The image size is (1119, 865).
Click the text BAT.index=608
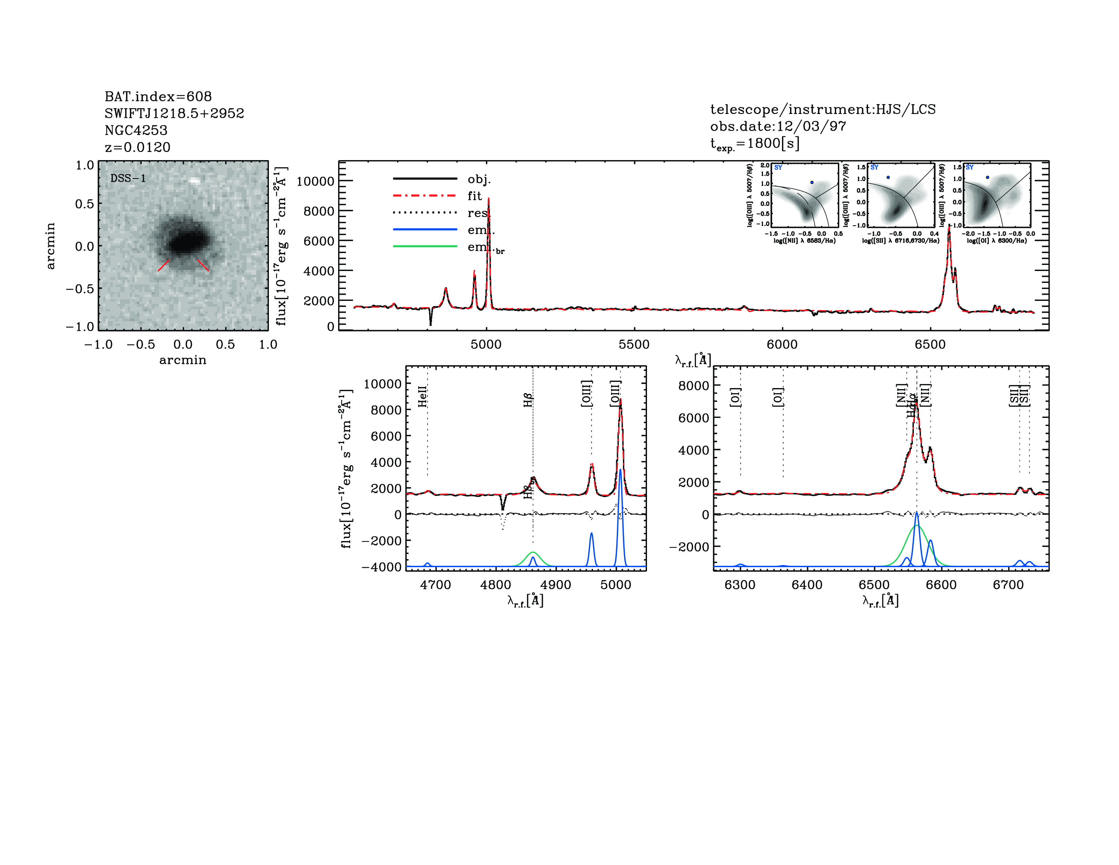pos(158,96)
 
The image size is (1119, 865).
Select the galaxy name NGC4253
pos(136,130)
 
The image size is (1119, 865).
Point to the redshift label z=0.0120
pos(137,147)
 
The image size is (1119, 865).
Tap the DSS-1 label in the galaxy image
pos(128,178)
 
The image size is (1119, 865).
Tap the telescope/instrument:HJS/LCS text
pos(822,109)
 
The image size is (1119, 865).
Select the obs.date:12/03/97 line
pos(778,126)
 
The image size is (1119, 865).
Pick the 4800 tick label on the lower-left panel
pos(495,585)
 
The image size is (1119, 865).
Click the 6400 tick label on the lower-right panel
pos(807,585)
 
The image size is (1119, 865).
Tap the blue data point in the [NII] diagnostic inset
pos(811,182)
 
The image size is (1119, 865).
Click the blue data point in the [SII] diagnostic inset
pos(888,177)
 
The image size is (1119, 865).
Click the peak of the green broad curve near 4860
pos(533,552)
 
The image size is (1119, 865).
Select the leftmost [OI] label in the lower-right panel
pos(735,397)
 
